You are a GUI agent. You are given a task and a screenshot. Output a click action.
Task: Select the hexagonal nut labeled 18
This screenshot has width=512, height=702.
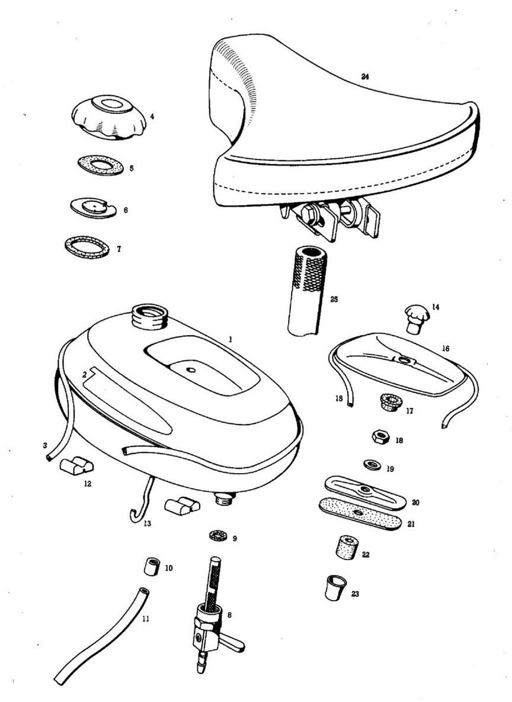coord(379,439)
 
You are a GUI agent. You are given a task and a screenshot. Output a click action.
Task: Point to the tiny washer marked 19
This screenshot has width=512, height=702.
coord(371,462)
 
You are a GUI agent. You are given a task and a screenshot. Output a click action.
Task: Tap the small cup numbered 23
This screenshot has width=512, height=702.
coord(335,587)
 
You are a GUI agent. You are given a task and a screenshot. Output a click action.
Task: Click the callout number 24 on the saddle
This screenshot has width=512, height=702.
coord(365,76)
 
